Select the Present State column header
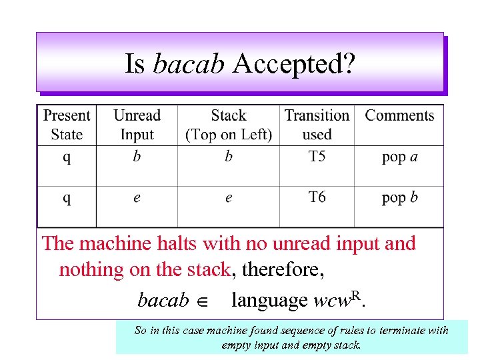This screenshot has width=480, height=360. click(67, 125)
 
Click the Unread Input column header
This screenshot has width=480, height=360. click(137, 125)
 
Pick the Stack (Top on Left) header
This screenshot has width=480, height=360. click(229, 125)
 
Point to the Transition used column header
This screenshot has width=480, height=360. click(317, 125)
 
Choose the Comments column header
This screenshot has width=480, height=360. click(399, 115)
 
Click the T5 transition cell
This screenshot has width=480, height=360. click(317, 157)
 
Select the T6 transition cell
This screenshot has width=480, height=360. click(317, 197)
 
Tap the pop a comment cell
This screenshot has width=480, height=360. click(400, 157)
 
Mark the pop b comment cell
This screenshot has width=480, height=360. click(400, 198)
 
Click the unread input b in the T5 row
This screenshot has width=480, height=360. click(136, 157)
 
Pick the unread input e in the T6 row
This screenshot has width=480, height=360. click(136, 199)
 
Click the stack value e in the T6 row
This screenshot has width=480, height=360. click(229, 199)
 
